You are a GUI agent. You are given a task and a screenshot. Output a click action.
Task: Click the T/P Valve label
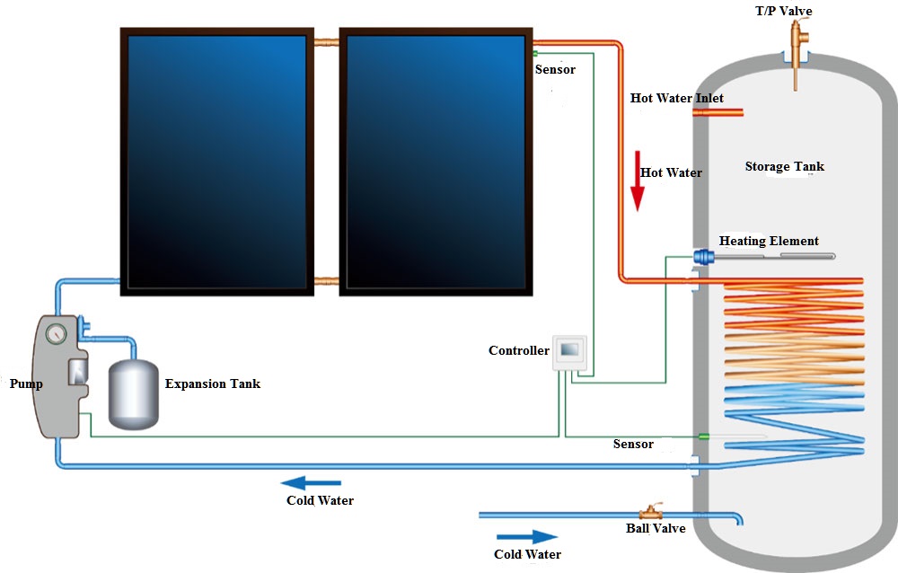783,11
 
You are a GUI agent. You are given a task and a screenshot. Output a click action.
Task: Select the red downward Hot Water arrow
638,181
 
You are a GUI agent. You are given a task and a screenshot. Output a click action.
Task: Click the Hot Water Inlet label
676,98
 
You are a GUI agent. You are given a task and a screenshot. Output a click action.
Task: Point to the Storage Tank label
784,166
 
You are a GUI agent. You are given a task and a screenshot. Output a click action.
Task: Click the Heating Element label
769,241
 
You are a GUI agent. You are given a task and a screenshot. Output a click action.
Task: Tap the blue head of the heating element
704,256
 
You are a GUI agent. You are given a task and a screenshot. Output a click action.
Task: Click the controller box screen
569,349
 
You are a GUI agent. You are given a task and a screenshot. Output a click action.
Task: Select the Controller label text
518,350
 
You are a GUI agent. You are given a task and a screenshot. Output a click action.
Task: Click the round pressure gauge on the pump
56,333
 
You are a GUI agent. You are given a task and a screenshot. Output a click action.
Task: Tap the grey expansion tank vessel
134,394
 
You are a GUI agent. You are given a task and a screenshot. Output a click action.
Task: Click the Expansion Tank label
213,383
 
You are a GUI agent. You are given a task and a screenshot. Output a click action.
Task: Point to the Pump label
26,383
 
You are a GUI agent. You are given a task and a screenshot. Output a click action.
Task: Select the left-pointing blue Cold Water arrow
311,482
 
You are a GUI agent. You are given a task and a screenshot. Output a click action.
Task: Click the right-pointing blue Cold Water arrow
527,537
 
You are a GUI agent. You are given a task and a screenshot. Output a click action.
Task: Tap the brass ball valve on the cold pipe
650,512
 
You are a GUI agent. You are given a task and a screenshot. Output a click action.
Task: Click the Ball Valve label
656,528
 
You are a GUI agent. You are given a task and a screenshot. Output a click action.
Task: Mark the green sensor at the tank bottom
704,436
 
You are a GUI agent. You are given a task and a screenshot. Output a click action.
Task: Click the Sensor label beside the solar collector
555,69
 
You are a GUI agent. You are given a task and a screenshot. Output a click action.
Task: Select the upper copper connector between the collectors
327,42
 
